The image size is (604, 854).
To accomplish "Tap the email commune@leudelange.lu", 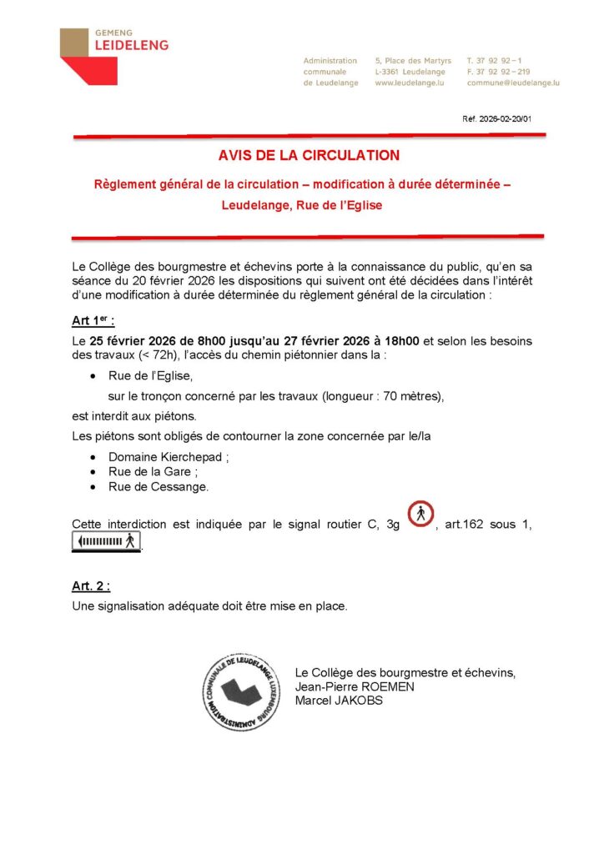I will [512, 83].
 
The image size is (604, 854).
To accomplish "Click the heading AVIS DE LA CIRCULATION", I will [309, 155].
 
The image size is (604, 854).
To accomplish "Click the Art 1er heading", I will [93, 321].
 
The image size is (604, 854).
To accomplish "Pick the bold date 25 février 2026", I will [138, 341].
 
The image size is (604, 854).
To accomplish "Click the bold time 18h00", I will [402, 341].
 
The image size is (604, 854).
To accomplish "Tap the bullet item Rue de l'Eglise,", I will [150, 376].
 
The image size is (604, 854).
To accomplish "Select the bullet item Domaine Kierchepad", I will [168, 457].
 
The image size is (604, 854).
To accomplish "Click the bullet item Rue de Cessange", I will [159, 487].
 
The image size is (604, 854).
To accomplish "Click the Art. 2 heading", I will [91, 586].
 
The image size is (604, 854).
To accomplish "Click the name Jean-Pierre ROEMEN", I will [355, 686].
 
